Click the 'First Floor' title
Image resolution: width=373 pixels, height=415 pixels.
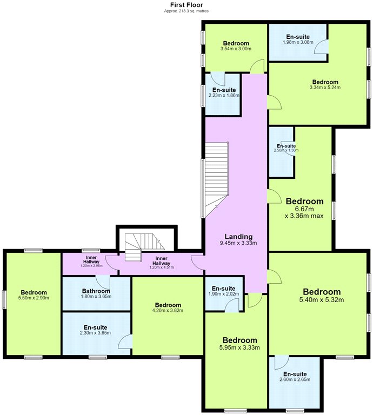[x=186, y=5]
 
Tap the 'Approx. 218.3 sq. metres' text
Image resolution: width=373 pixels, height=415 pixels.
[x=186, y=11]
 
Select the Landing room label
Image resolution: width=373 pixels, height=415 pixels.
[x=238, y=237]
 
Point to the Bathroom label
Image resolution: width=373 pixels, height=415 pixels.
[x=96, y=291]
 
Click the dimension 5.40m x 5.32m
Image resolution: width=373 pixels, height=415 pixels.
[x=322, y=300]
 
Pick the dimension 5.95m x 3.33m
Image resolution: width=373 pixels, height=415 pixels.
[x=239, y=347]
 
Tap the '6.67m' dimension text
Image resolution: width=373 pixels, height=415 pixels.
[x=305, y=209]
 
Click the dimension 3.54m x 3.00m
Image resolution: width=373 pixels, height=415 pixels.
[x=236, y=49]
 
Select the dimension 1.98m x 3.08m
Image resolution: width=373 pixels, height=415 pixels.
[x=298, y=42]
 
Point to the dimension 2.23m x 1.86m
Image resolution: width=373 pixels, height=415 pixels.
[x=224, y=95]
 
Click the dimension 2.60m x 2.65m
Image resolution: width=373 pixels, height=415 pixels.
[x=295, y=379]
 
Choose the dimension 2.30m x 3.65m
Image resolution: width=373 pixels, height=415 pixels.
[x=95, y=333]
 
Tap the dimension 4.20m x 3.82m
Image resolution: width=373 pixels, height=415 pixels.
[x=168, y=310]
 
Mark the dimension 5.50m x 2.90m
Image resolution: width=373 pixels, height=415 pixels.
[x=34, y=298]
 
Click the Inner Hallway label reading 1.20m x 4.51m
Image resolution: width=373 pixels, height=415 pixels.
[x=162, y=267]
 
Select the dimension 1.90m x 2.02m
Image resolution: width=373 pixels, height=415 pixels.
[x=224, y=294]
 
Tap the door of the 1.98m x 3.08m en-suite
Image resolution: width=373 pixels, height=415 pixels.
[x=321, y=47]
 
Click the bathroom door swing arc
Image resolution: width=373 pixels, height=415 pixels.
[x=103, y=283]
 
